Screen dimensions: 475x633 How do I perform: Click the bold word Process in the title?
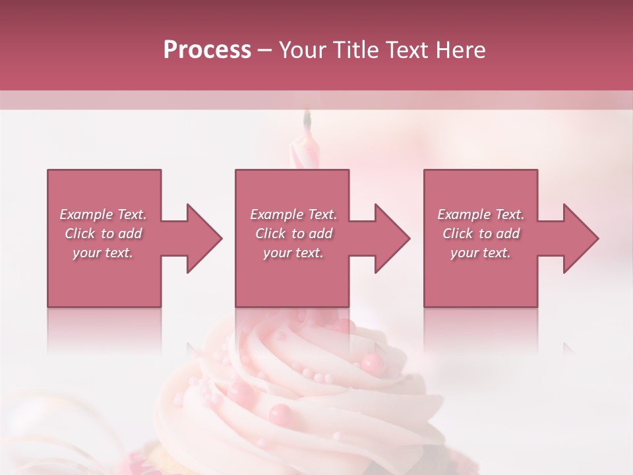[x=207, y=50]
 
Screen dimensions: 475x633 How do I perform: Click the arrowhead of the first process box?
[x=204, y=238]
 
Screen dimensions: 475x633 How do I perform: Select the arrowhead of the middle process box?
[x=392, y=238]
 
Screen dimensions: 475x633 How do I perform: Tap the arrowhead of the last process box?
[x=581, y=238]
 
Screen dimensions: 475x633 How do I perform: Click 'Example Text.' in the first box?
[x=103, y=214]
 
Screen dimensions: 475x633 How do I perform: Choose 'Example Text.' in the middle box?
[x=293, y=214]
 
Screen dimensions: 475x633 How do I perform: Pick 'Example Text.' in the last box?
[x=481, y=214]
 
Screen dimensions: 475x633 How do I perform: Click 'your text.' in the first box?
[x=103, y=253]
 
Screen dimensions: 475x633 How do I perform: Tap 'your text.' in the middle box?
[x=293, y=253]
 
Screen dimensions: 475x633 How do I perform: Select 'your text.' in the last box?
[x=481, y=253]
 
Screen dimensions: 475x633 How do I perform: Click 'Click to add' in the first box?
[x=103, y=234]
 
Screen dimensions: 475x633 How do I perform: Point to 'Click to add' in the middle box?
[x=293, y=234]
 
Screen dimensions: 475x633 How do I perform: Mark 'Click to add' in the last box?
[x=481, y=234]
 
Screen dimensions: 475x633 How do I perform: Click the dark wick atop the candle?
[x=306, y=119]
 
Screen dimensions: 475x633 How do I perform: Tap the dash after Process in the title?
[x=265, y=51]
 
